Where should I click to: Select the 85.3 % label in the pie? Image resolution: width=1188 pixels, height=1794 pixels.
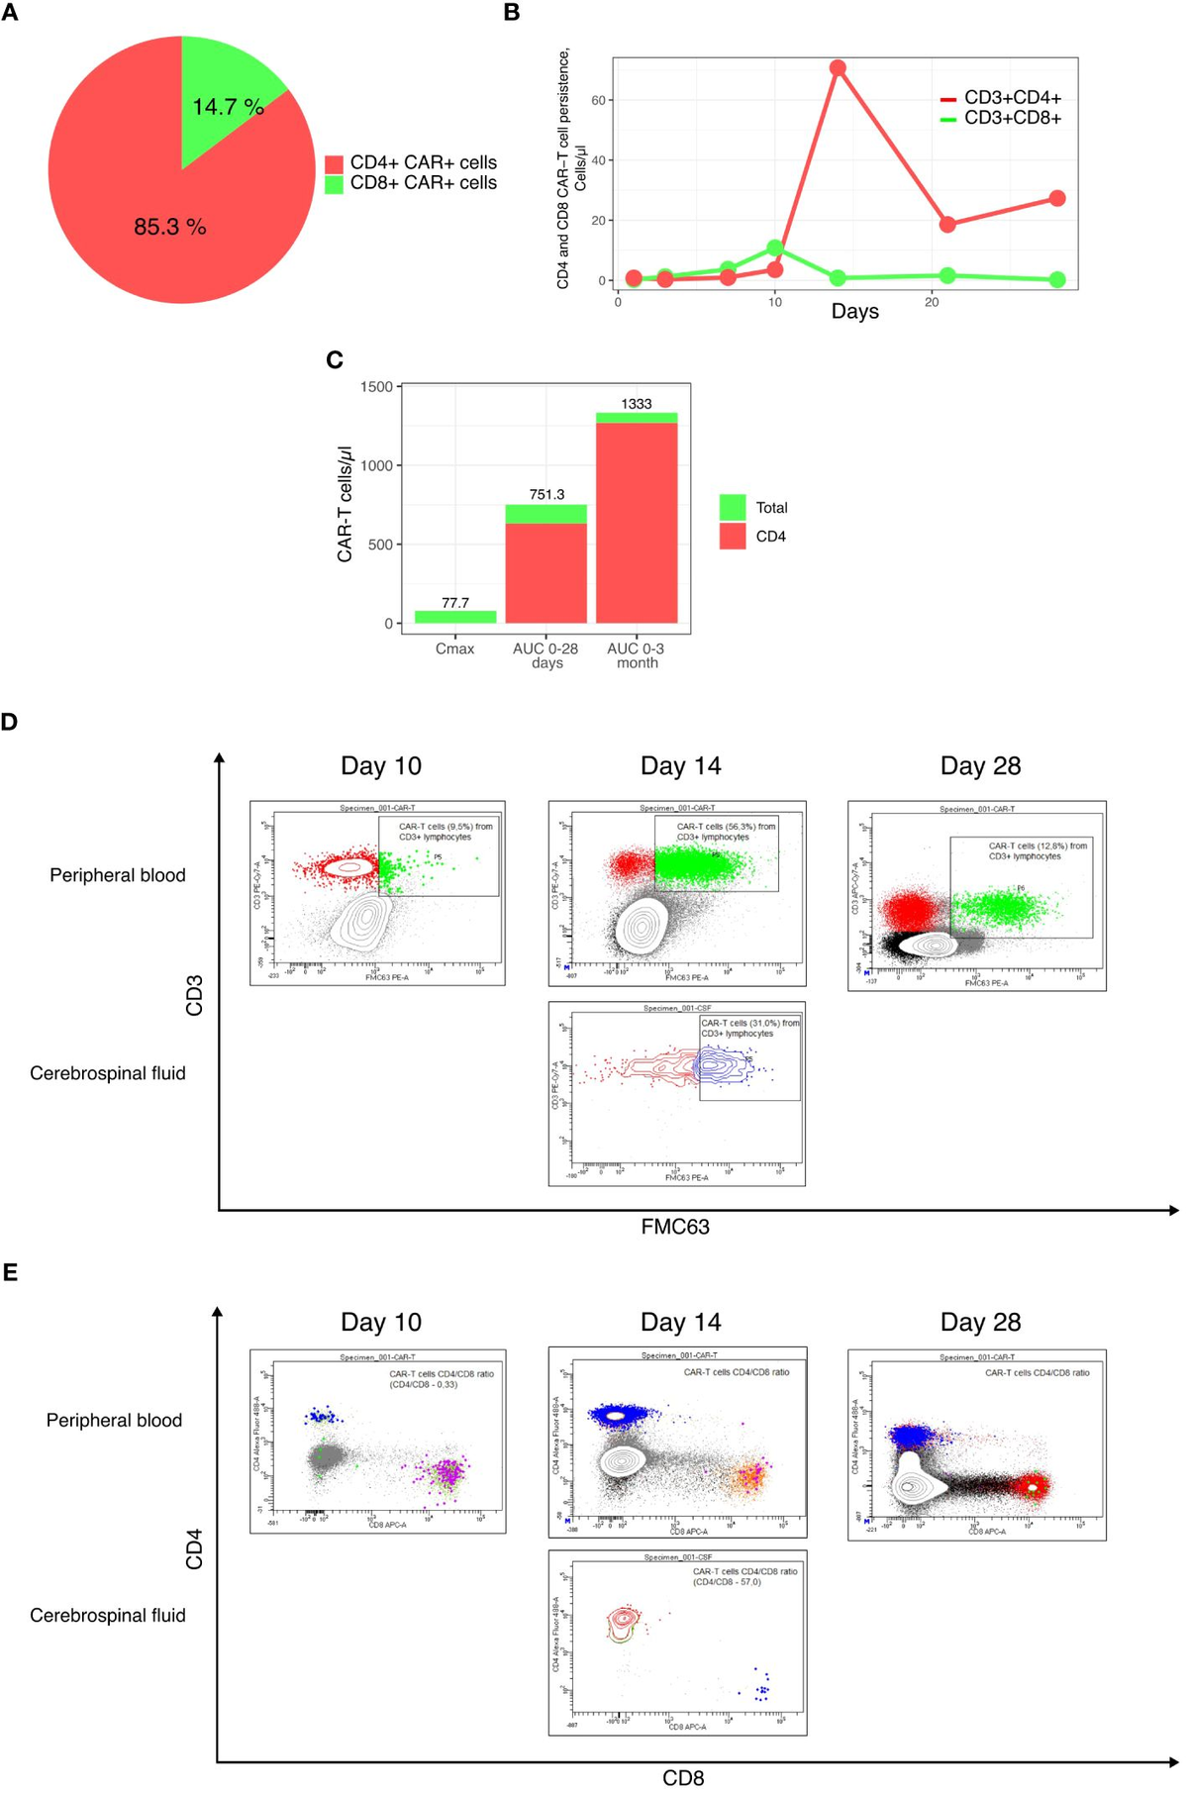(170, 228)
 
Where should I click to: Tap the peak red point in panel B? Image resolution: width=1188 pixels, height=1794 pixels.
(838, 68)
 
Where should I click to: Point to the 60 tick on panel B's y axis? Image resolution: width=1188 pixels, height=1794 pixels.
(599, 100)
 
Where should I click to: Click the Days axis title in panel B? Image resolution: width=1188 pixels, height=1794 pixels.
(854, 311)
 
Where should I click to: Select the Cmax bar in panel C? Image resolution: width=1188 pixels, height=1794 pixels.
(455, 617)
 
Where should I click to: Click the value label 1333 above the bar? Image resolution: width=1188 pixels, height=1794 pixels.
(637, 404)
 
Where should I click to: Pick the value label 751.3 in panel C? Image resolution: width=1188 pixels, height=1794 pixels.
(546, 494)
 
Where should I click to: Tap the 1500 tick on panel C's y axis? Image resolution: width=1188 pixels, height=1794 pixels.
(376, 386)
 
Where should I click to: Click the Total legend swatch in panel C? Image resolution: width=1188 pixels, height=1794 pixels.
(733, 507)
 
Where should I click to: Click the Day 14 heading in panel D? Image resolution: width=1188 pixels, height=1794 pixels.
(680, 765)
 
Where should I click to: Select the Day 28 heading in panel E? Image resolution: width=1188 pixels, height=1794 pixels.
(980, 1322)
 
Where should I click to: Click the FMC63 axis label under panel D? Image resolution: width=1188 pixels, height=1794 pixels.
(675, 1227)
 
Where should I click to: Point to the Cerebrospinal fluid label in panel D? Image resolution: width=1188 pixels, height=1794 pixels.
(108, 1073)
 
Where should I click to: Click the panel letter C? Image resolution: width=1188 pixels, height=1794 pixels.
(335, 360)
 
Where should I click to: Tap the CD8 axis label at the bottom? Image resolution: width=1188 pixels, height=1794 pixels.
(683, 1778)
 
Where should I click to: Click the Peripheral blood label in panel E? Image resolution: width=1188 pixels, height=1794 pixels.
(114, 1420)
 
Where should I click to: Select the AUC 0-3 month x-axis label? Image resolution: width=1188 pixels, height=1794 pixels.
(636, 655)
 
